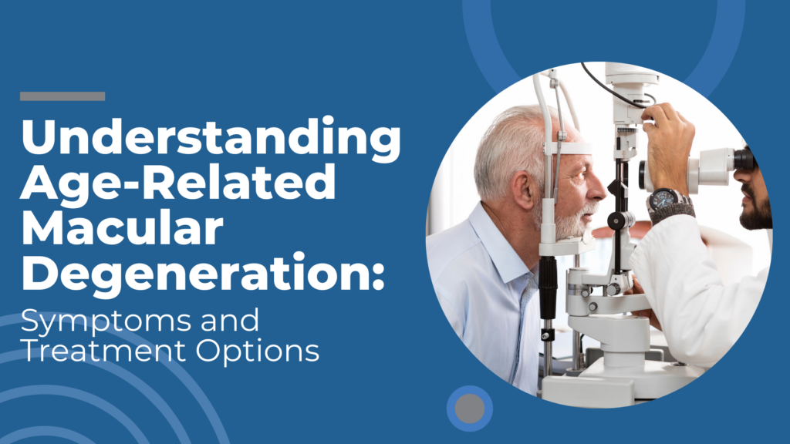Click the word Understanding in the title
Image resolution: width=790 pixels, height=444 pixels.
tap(211, 137)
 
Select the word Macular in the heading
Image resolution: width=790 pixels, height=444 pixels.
tap(121, 228)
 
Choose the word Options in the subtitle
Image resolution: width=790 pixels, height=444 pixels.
tap(258, 351)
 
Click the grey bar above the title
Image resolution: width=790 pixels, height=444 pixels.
tap(62, 96)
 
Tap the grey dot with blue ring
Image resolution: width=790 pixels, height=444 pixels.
tap(470, 409)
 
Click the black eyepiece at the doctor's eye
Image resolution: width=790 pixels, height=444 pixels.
tap(744, 160)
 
